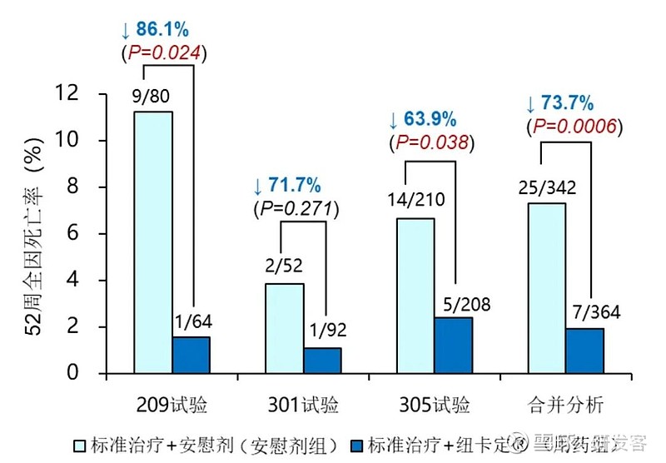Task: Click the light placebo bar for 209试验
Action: pyautogui.click(x=153, y=241)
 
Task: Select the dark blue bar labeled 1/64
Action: pyautogui.click(x=191, y=355)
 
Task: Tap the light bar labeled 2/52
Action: pyautogui.click(x=284, y=328)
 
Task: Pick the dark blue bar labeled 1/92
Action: pyautogui.click(x=322, y=360)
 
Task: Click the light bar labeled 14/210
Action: pyautogui.click(x=415, y=296)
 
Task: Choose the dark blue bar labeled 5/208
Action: pyautogui.click(x=454, y=345)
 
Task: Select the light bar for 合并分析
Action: pyautogui.click(x=547, y=287)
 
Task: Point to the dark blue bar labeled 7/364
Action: pyautogui.click(x=585, y=351)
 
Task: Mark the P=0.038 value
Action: pyautogui.click(x=431, y=142)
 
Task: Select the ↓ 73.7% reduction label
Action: pyautogui.click(x=559, y=103)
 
